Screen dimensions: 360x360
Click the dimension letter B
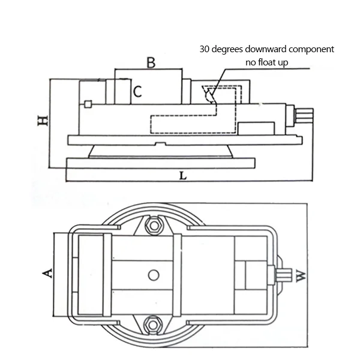tap(151, 62)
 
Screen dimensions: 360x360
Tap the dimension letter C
tap(137, 92)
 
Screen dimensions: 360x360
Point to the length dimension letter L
tap(183, 176)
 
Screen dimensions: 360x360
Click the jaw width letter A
tap(47, 274)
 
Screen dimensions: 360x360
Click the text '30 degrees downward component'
tap(267, 49)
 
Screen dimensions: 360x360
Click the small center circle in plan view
tap(154, 275)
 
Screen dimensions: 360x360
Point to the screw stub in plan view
tap(280, 275)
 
